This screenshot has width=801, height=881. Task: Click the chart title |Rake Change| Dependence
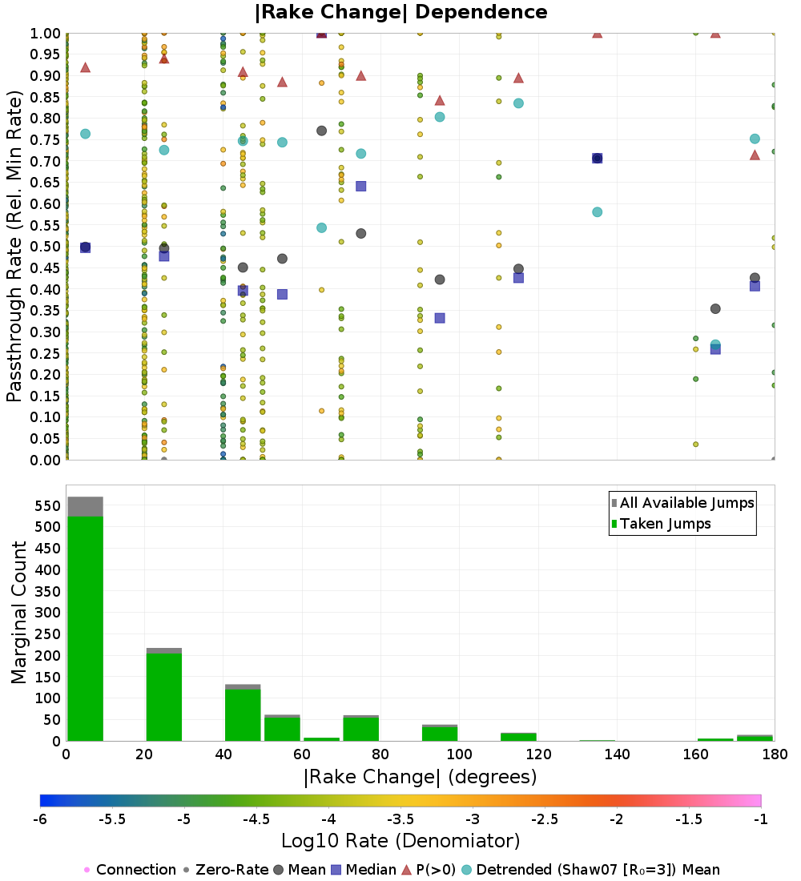[400, 12]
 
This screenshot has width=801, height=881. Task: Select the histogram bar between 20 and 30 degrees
[163, 697]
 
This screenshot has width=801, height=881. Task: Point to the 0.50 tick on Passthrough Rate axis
[46, 247]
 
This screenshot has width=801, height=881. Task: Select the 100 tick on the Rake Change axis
[459, 754]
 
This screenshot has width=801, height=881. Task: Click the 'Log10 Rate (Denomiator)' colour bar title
[400, 841]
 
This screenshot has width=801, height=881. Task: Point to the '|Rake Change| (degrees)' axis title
[420, 777]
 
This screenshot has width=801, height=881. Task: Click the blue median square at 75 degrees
[360, 187]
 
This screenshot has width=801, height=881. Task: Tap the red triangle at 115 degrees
[518, 78]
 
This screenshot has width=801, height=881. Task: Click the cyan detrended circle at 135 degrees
[597, 212]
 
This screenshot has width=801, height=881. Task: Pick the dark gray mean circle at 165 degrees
[715, 309]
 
